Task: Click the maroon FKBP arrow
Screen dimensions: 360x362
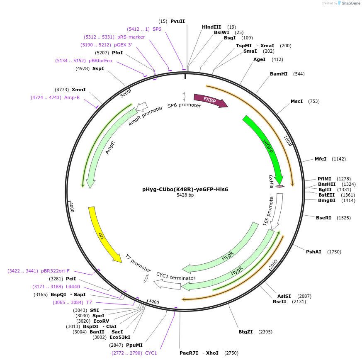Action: (x=210, y=100)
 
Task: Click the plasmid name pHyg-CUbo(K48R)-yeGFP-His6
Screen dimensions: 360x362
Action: (x=185, y=190)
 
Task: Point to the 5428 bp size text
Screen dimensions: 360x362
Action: (x=185, y=195)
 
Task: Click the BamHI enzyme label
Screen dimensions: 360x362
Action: (x=279, y=74)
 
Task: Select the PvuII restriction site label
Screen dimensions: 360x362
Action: (x=177, y=21)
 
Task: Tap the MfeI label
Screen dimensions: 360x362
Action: (x=321, y=159)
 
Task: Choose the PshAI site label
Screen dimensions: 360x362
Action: (x=313, y=252)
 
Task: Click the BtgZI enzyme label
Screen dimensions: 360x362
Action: (x=245, y=332)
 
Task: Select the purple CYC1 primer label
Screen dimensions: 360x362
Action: (x=151, y=353)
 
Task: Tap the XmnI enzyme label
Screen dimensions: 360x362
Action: (x=79, y=90)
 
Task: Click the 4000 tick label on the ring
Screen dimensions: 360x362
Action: (x=71, y=207)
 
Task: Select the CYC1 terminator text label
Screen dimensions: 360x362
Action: (x=175, y=276)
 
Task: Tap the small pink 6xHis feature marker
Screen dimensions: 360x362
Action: (x=280, y=186)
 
